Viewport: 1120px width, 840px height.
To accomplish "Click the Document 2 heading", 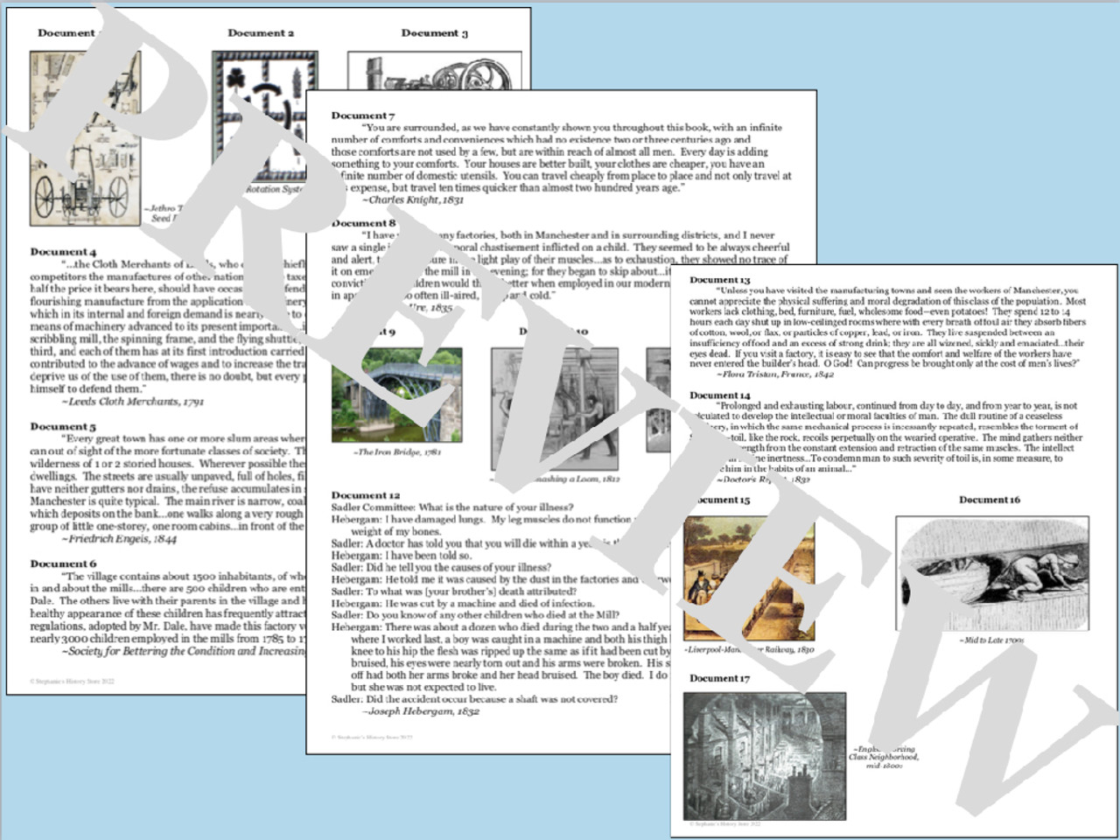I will [261, 33].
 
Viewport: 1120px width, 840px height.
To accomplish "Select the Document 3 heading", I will [434, 33].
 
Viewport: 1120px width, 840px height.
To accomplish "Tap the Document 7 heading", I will [362, 115].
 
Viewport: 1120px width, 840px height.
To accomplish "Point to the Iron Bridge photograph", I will [396, 394].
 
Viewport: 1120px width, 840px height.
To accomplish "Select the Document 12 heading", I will [365, 495].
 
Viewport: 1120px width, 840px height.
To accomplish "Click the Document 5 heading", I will [63, 427].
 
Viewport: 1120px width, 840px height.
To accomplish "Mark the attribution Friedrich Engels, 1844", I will [119, 540].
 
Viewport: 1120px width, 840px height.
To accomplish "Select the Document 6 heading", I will [63, 564].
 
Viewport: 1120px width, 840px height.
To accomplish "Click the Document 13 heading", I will [719, 280].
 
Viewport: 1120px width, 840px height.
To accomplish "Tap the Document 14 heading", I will [719, 395].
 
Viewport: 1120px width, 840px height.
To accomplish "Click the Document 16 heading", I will [990, 500].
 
